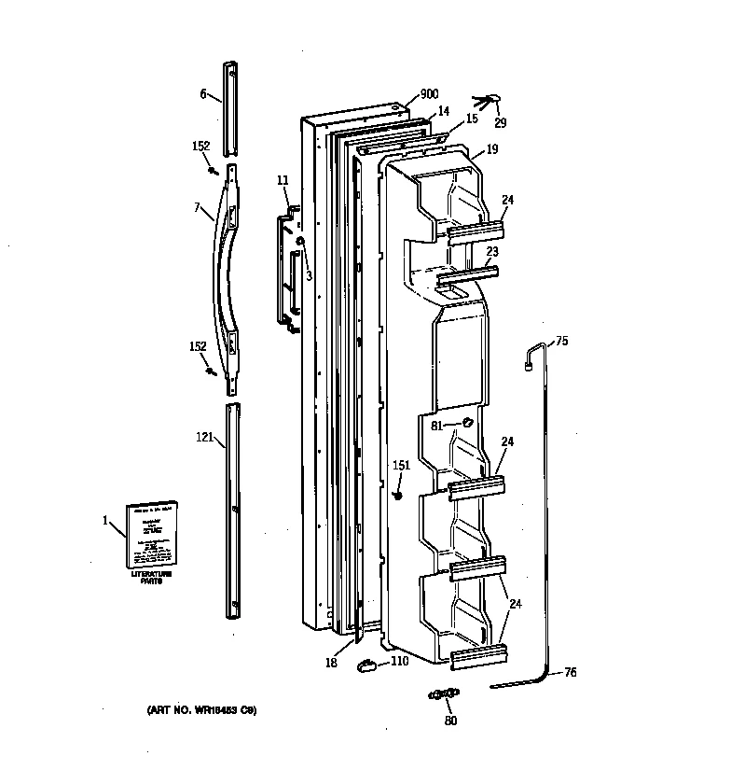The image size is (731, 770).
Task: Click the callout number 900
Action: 428,94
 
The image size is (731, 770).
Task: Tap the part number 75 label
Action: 561,342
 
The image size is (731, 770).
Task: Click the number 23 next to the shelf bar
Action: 491,251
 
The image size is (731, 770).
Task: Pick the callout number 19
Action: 491,149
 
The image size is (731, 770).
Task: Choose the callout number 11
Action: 283,179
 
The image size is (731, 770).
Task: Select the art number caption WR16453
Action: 200,710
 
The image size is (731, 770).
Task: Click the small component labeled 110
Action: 367,665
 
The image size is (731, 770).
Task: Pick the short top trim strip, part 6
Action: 230,105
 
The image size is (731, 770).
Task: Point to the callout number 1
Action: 105,520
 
